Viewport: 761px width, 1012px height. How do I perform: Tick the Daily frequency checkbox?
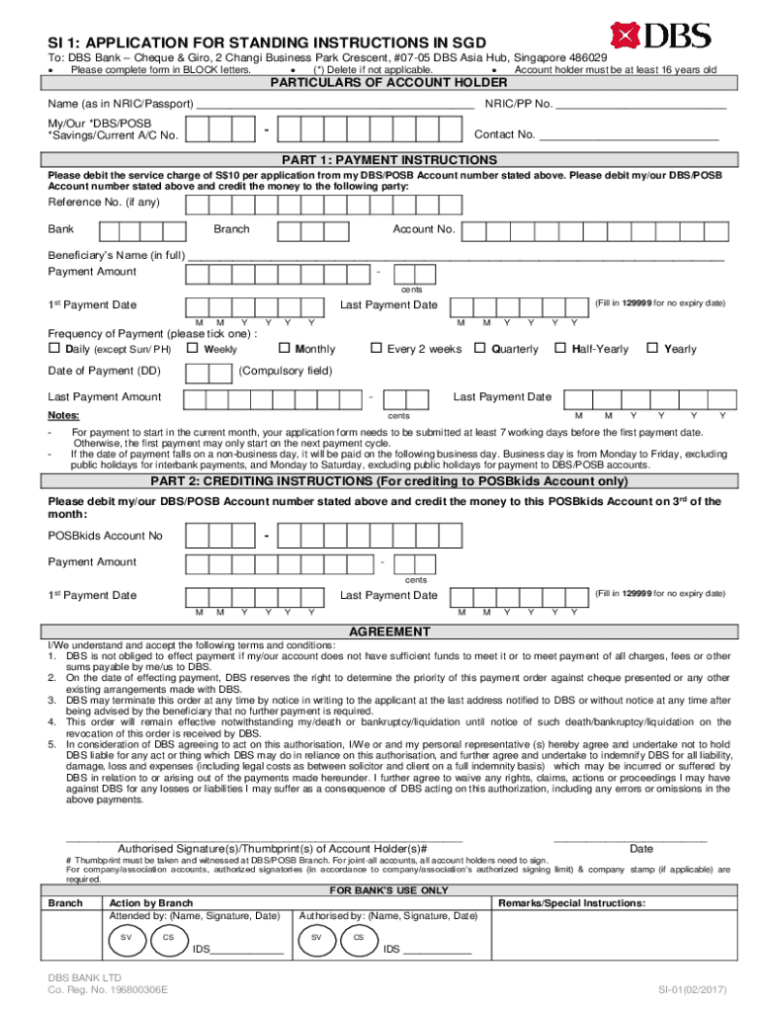tap(54, 348)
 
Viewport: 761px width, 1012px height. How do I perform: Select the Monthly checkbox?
tap(284, 348)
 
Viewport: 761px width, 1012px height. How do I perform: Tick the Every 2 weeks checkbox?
tap(376, 348)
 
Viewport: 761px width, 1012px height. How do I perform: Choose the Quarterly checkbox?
tap(480, 348)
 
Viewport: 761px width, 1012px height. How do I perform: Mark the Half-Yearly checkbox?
tap(559, 348)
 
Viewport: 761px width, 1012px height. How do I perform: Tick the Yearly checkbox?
tap(651, 348)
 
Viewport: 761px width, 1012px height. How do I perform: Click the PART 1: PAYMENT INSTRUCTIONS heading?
tap(389, 160)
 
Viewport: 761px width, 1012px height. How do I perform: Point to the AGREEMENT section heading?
tap(389, 632)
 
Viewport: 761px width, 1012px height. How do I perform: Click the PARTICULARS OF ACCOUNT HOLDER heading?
tap(389, 82)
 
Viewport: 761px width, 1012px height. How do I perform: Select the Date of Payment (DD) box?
tap(209, 373)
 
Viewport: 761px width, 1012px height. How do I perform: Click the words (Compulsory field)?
tap(286, 372)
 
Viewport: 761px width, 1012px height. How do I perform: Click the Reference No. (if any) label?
tap(104, 203)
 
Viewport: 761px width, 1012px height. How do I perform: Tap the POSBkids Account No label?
tap(106, 537)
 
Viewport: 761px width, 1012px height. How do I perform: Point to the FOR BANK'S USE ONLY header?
tap(389, 890)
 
